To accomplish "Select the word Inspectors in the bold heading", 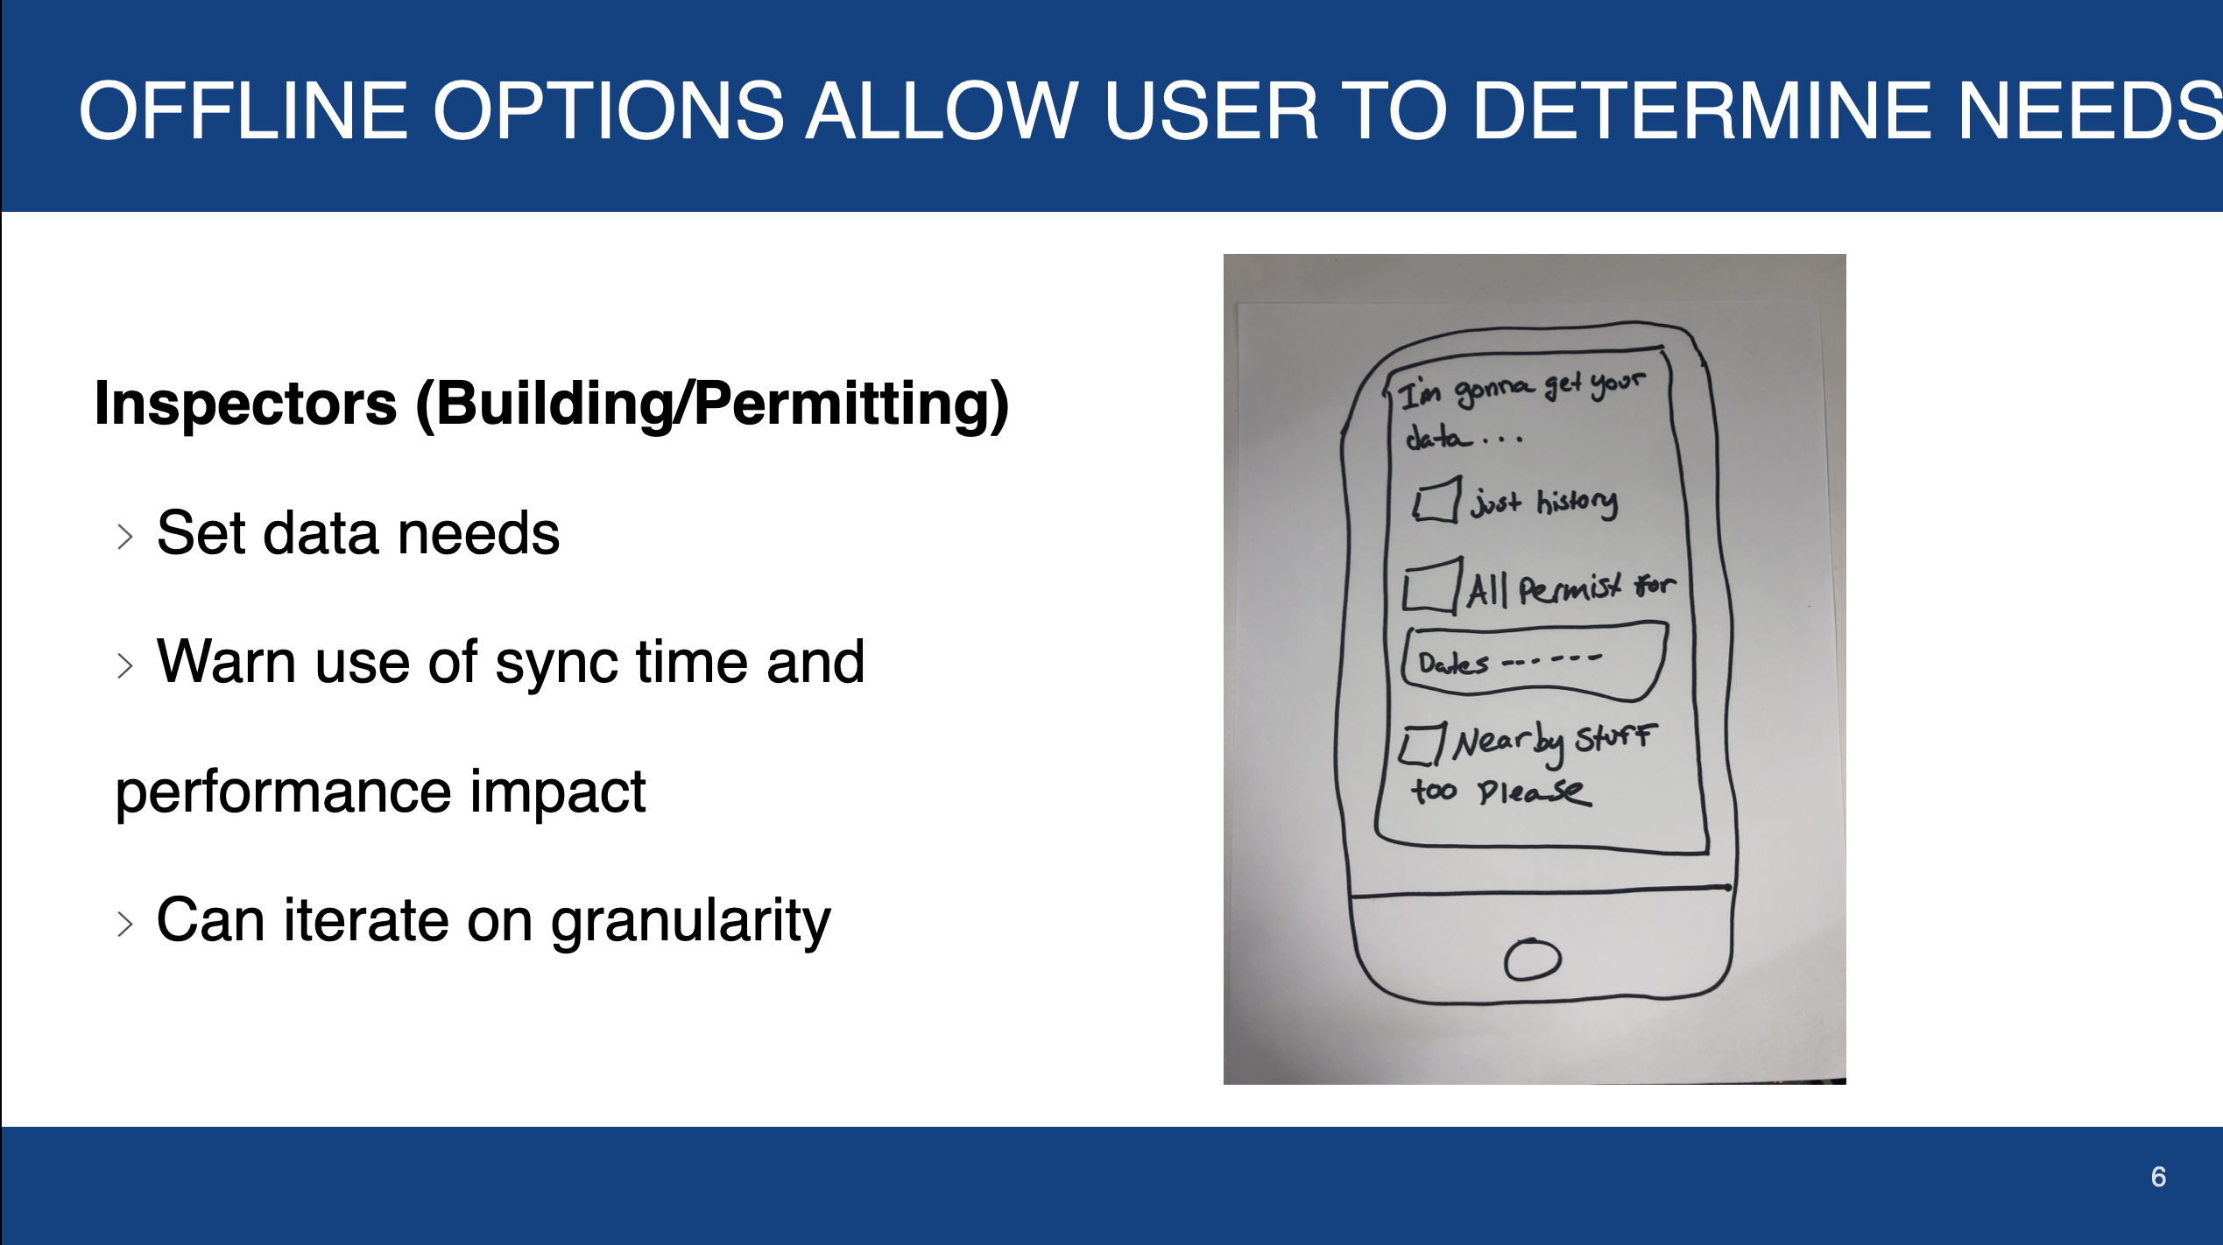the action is (x=245, y=404).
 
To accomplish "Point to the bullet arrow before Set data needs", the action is (x=125, y=537).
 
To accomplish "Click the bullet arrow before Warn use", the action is (x=125, y=665).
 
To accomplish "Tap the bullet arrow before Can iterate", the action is (x=125, y=924).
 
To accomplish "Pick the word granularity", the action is (x=690, y=923).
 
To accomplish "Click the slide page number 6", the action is (x=2158, y=1177).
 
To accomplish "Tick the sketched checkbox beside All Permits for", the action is (x=1431, y=585).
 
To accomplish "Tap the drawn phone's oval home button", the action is (x=1533, y=960).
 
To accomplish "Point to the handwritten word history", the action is (x=1577, y=503).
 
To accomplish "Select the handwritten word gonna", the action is (x=1494, y=391).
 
